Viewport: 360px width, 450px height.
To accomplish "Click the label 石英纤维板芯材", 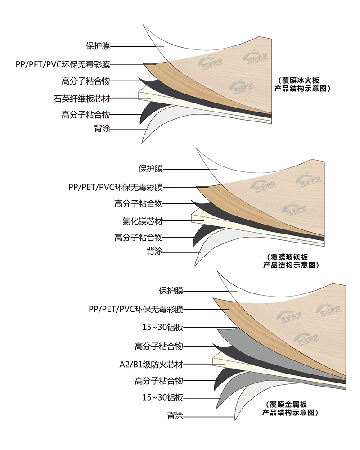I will (81, 98).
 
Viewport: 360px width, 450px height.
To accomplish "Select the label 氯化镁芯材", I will (142, 221).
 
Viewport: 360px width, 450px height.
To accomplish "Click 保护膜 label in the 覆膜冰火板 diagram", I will (98, 46).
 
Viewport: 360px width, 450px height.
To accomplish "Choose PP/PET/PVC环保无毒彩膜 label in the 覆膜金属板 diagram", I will (136, 309).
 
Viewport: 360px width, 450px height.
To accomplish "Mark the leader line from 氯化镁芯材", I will (178, 221).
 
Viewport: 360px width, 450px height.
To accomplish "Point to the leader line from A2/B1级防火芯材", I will (198, 364).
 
